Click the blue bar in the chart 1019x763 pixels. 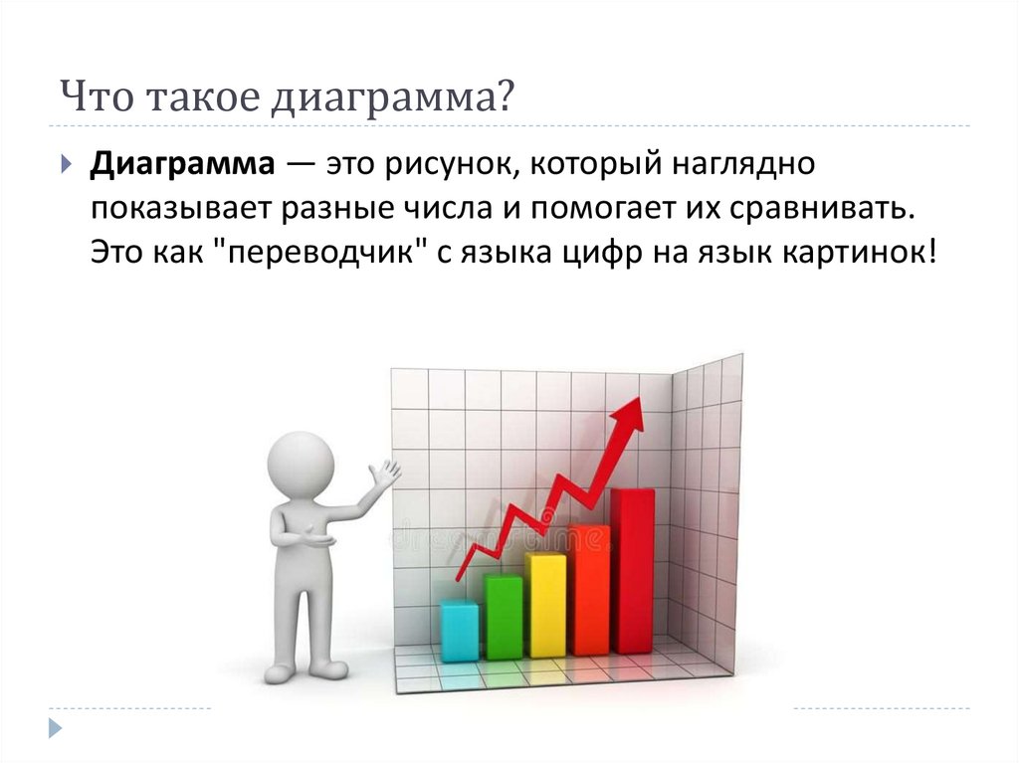coord(460,632)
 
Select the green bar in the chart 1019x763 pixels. coord(504,617)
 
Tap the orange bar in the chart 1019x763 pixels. coord(589,591)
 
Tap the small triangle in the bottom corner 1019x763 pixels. coord(56,728)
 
